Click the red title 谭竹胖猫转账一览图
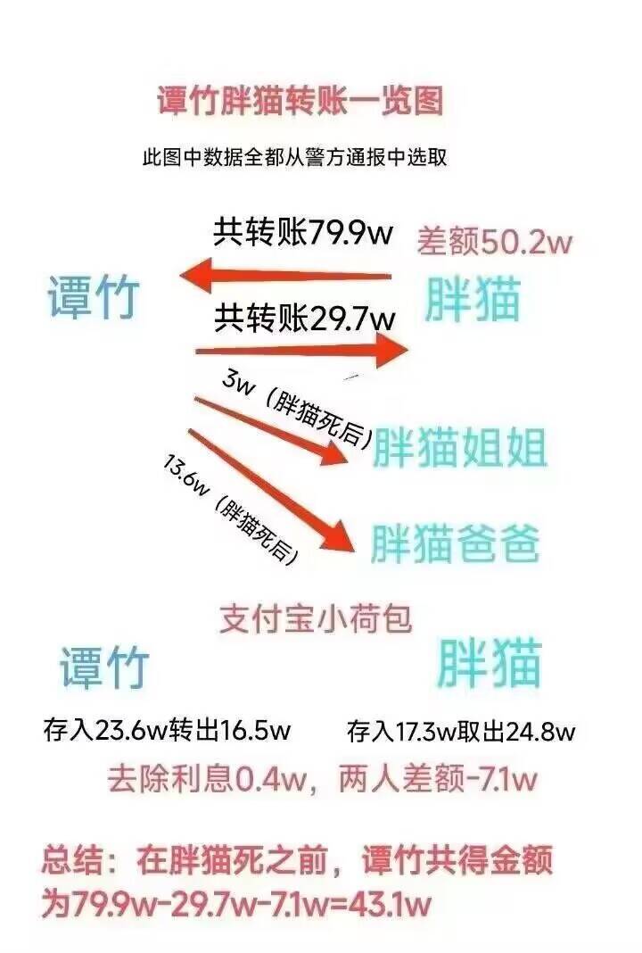tap(300, 101)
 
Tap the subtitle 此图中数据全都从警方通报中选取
tap(294, 158)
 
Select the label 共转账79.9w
tap(303, 232)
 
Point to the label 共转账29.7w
tap(304, 318)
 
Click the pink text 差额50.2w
tap(494, 242)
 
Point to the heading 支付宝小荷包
tap(316, 619)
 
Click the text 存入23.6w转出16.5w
tap(167, 729)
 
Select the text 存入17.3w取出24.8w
tap(461, 731)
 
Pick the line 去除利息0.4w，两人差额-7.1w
tap(323, 780)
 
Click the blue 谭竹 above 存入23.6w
tap(104, 667)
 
